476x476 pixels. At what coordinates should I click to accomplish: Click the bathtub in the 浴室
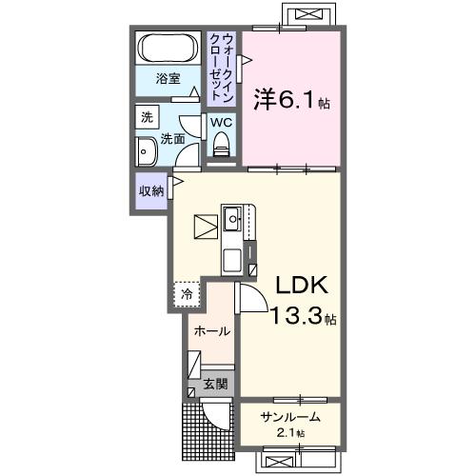[168, 49]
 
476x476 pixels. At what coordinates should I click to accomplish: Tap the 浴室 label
[169, 80]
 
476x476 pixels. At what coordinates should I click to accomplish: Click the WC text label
[221, 123]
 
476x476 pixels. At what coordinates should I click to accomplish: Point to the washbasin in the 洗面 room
[148, 151]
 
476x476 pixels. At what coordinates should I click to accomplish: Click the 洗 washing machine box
[147, 118]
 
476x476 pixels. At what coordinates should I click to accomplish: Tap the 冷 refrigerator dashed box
[187, 294]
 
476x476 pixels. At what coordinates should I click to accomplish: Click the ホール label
[210, 331]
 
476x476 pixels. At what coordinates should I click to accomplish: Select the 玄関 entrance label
[215, 384]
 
